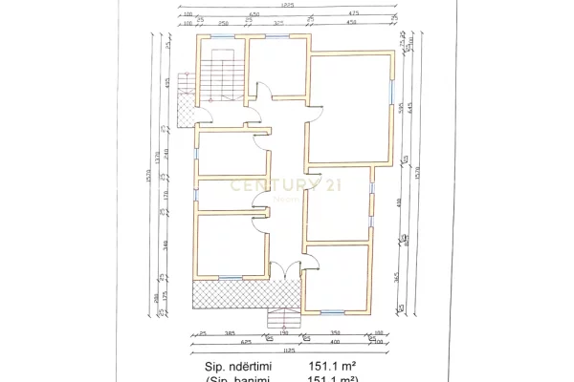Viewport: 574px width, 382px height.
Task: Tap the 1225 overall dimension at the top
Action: click(x=286, y=6)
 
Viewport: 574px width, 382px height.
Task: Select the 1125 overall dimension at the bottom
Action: click(x=286, y=350)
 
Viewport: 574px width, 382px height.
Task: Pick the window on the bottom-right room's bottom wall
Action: click(x=332, y=311)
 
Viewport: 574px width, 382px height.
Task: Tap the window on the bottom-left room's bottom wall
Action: click(x=231, y=278)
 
